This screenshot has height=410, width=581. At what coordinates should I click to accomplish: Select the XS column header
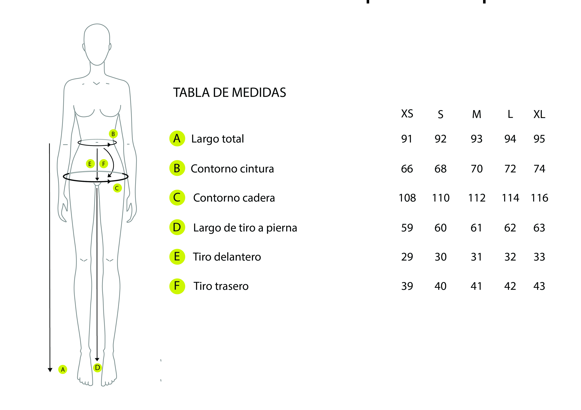tap(407, 114)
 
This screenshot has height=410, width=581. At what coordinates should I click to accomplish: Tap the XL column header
tap(539, 114)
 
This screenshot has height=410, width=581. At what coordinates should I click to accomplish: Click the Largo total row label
tap(217, 139)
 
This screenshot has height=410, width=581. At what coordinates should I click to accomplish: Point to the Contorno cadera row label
tap(234, 198)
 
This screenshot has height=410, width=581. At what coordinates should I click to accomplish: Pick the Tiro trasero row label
tap(221, 286)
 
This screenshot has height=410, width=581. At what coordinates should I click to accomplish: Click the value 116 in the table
tap(539, 198)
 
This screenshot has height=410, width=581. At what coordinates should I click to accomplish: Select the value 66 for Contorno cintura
tap(407, 169)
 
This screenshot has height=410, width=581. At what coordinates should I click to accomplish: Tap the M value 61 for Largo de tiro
tap(476, 228)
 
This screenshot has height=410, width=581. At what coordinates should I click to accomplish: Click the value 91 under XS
tap(407, 139)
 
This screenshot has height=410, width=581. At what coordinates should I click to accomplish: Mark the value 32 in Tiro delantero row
tap(510, 257)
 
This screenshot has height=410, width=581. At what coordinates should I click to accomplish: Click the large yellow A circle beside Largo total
tap(177, 138)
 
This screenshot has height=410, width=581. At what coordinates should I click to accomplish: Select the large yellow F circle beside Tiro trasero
tap(177, 286)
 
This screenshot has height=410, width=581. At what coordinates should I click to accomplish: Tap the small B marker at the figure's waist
tap(113, 134)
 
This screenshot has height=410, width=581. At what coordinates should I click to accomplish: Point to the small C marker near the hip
tap(117, 188)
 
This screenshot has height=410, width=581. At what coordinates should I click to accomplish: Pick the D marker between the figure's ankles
tap(97, 368)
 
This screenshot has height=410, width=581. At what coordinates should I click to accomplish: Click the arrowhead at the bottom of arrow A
tap(50, 370)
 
